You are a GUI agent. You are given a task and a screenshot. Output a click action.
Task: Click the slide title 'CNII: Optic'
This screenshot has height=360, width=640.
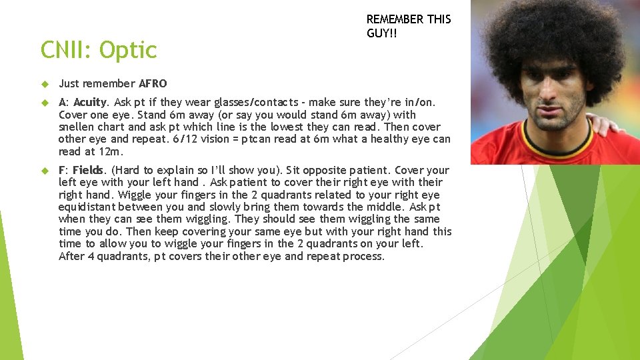[99, 50]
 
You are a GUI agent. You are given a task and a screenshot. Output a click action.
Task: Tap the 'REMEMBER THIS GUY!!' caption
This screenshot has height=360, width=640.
[408, 26]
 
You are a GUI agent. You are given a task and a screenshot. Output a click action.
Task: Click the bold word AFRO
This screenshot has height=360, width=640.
[153, 83]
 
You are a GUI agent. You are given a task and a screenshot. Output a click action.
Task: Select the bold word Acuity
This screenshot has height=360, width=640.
[91, 102]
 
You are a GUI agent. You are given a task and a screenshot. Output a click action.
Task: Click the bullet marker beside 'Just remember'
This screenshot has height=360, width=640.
[45, 84]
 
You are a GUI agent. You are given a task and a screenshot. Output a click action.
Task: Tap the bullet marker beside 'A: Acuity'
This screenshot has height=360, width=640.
[45, 103]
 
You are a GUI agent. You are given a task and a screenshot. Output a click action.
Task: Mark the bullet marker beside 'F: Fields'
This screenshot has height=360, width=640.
[45, 171]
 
